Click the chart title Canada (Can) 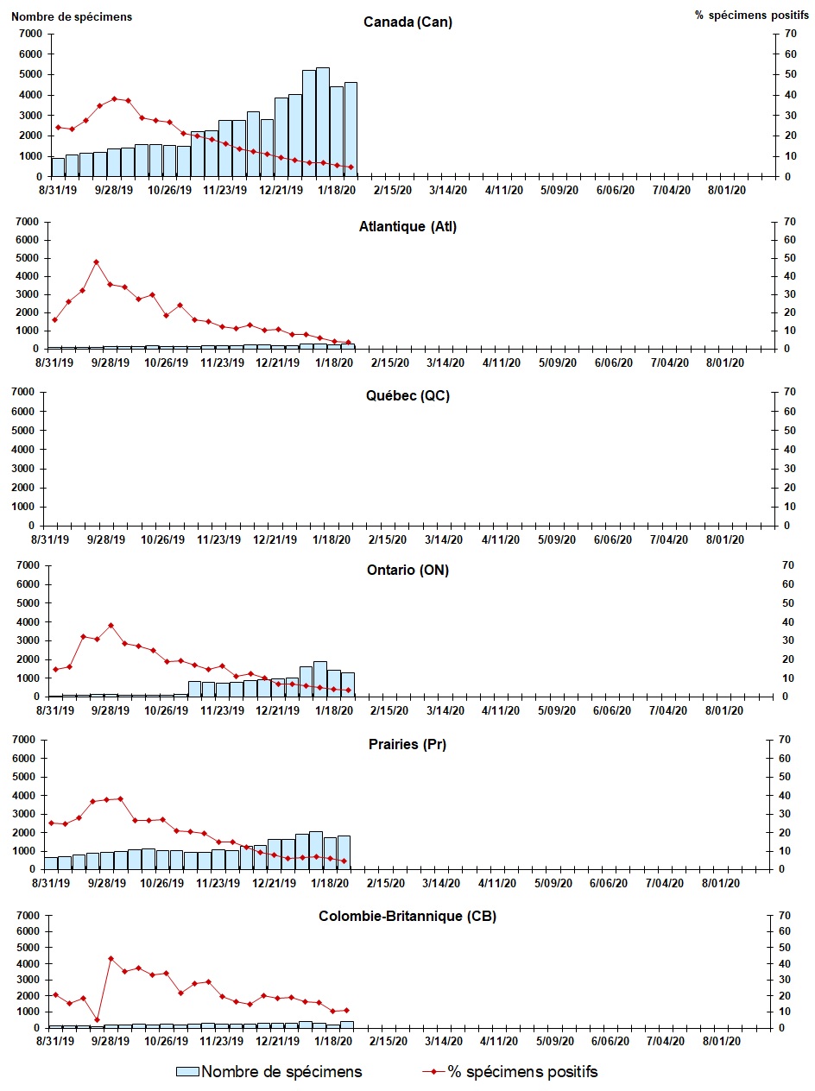[407, 22]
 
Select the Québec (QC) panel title [407, 396]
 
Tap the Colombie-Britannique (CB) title [407, 916]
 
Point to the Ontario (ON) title [407, 570]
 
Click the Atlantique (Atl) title [407, 227]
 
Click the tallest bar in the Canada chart [322, 122]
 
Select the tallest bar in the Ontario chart [319, 678]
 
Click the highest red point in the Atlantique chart [96, 262]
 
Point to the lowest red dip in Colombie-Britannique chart [97, 1019]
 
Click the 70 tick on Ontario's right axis [787, 565]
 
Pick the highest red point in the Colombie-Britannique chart [111, 958]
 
